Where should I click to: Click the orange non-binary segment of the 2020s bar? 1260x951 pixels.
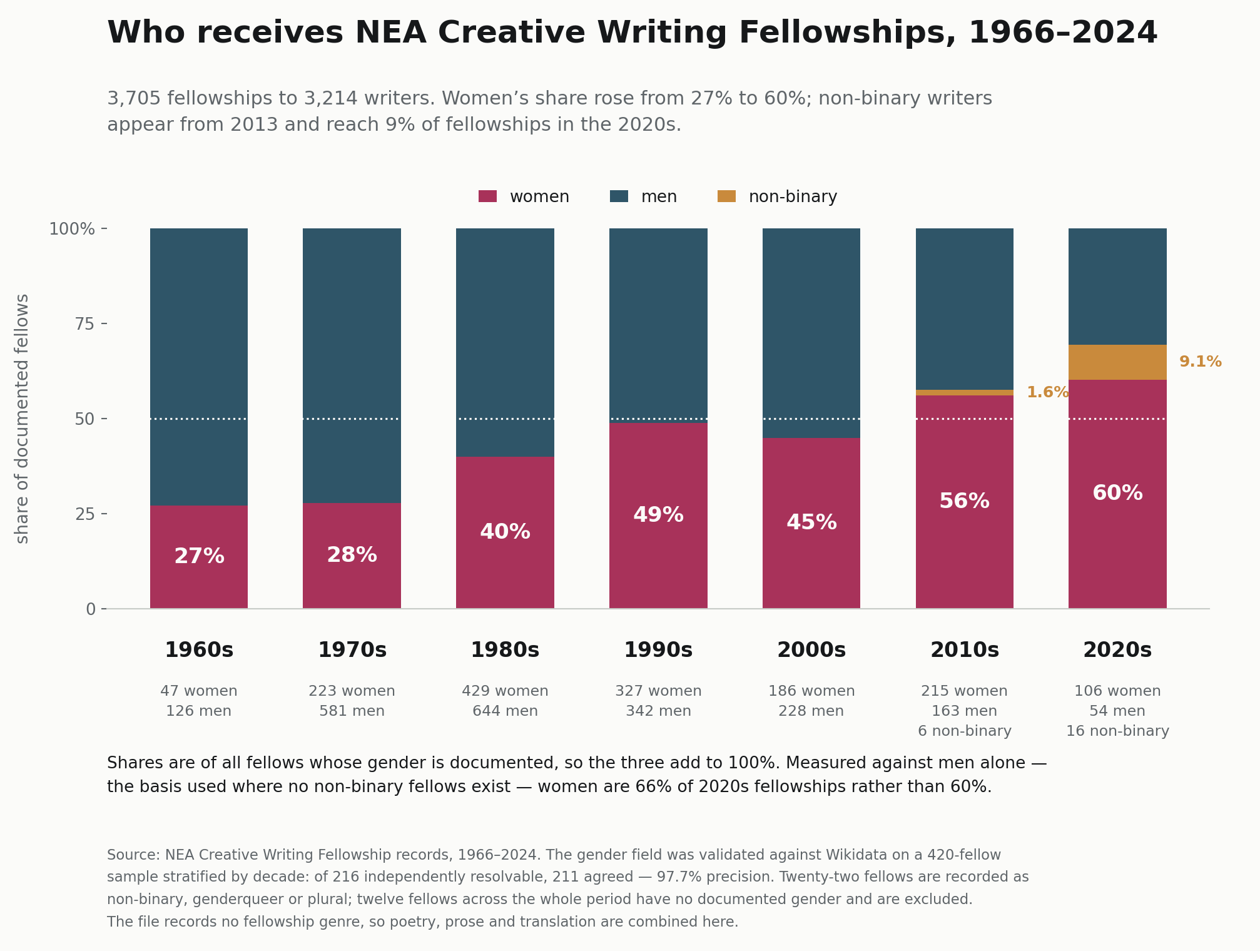[x=1117, y=362]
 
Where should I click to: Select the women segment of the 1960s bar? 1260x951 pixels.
[x=199, y=557]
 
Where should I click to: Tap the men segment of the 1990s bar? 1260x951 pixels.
[x=658, y=325]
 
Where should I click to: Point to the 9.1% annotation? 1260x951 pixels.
[x=1200, y=362]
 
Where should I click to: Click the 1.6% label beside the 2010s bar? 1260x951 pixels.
[x=1047, y=392]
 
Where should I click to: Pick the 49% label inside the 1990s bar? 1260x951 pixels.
[x=658, y=515]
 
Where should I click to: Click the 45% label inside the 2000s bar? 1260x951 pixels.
[x=811, y=522]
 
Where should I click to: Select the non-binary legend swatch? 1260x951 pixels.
[x=726, y=196]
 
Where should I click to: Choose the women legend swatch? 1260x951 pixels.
[x=487, y=196]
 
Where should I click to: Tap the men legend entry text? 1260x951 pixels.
[x=659, y=197]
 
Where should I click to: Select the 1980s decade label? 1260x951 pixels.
[x=505, y=650]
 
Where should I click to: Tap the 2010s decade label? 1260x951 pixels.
[x=965, y=650]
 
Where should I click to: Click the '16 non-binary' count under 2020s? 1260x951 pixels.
[x=1117, y=731]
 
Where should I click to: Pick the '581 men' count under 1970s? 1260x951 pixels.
[x=352, y=711]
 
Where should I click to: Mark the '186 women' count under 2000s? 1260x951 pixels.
[x=811, y=691]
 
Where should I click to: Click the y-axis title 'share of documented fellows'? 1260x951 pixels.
[x=22, y=419]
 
